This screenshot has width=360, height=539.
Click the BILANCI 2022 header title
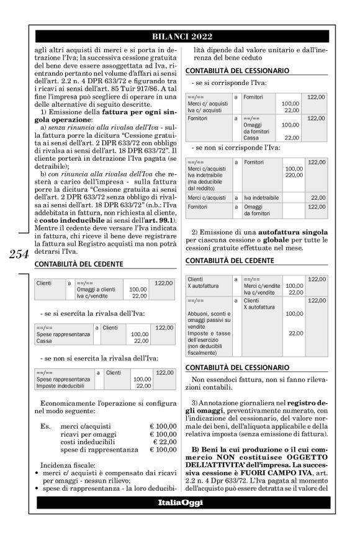[180, 35]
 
